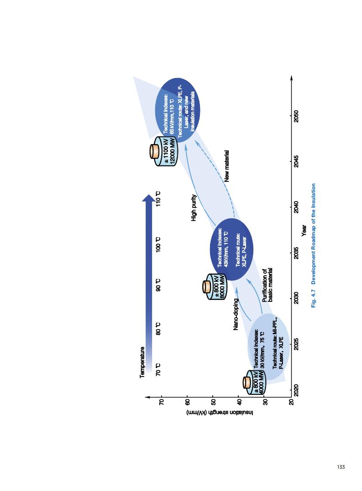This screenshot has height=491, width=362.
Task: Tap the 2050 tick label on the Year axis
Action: point(296,115)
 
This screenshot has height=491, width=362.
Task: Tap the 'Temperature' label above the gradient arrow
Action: point(142,362)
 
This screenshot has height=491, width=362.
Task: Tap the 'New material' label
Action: point(226,166)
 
